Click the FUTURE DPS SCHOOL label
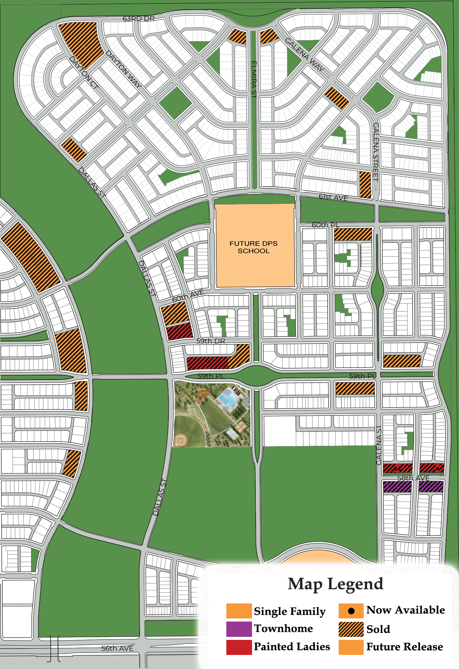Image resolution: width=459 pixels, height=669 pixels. tap(253, 247)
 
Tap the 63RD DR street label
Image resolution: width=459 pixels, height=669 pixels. tap(139, 19)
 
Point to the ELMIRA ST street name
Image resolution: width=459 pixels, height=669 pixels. tap(254, 80)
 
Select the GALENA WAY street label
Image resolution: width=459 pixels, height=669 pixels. tap(304, 55)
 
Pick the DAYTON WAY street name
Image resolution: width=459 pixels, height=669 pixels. tap(123, 69)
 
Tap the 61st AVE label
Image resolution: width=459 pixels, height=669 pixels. tap(333, 197)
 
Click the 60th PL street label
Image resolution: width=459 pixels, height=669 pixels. tap(325, 225)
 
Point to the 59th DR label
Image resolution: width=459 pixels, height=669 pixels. tap(210, 341)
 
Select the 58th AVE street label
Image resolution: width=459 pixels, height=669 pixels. tap(413, 478)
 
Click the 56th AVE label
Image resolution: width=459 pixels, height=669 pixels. tap(117, 648)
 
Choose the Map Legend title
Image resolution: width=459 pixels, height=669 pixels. tap(335, 584)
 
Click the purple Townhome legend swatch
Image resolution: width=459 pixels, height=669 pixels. tap(239, 629)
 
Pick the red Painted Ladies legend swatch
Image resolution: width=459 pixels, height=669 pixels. tap(239, 647)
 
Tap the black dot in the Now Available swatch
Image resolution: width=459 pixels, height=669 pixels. tap(351, 611)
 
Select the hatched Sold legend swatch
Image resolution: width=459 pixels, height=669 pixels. tap(351, 629)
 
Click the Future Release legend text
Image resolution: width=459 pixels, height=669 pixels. tap(405, 647)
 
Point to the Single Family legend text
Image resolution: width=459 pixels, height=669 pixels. tap(290, 611)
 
